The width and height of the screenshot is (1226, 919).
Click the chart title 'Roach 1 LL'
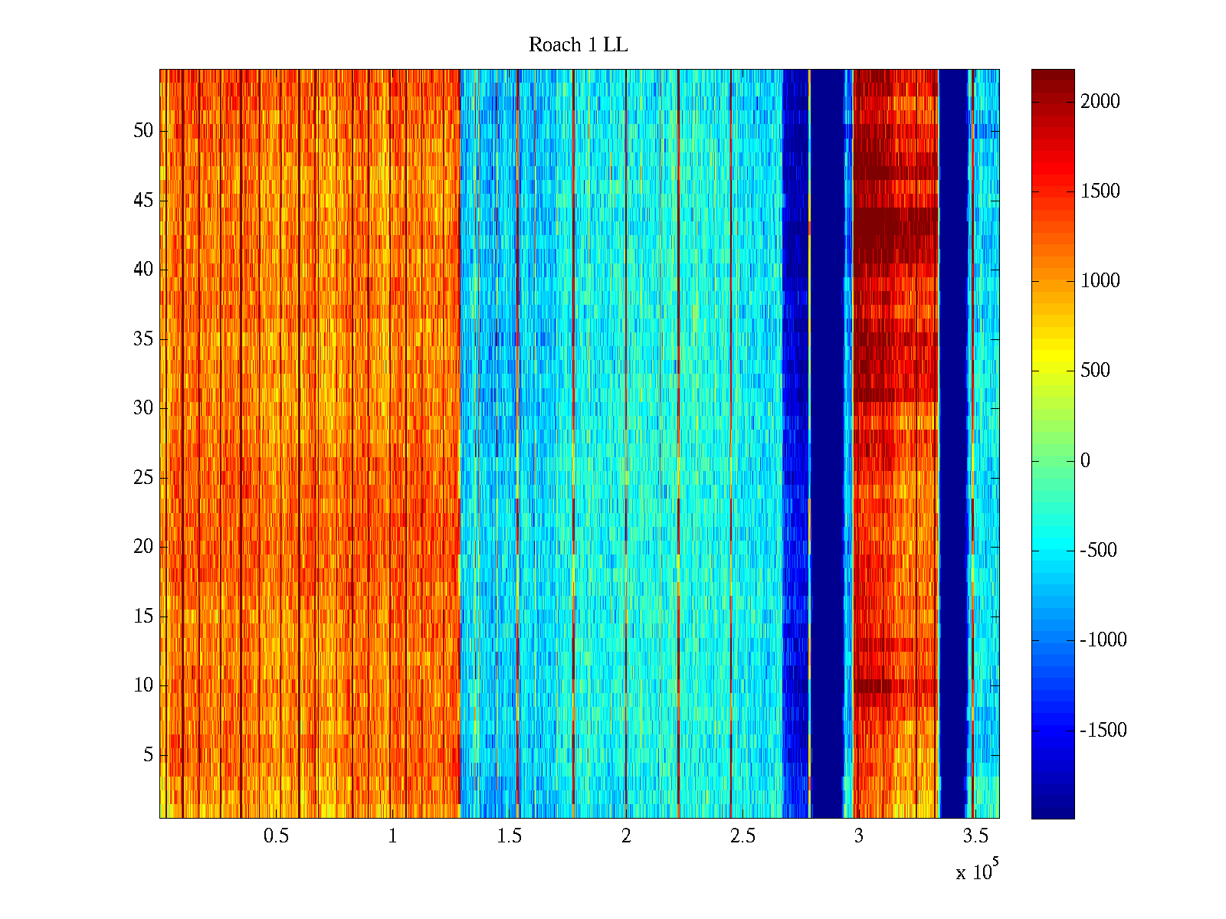coord(578,45)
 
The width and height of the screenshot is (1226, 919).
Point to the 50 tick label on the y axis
coord(143,131)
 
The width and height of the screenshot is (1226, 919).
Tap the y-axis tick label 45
coord(143,201)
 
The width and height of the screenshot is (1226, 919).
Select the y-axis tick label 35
coord(143,339)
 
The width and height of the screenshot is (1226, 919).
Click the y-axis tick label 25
coord(143,478)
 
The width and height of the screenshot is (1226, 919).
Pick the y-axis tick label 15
coord(143,616)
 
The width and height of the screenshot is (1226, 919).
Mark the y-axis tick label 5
coord(148,755)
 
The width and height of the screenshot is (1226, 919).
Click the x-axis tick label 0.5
coord(276,836)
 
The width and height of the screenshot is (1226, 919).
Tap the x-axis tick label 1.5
coord(509,836)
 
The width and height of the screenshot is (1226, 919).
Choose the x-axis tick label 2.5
coord(742,836)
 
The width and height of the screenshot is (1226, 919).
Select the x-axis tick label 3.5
coord(975,836)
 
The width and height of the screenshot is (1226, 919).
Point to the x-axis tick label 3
coord(859,836)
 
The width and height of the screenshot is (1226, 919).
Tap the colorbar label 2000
coord(1100,102)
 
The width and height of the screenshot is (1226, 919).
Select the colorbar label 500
coord(1095,371)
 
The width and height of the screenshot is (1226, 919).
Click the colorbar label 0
coord(1085,461)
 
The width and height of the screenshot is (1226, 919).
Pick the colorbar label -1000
coord(1103,641)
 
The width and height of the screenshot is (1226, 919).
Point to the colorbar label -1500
coord(1103,731)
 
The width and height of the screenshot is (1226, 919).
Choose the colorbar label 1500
coord(1100,191)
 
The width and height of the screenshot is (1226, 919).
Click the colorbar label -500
coord(1099,551)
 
